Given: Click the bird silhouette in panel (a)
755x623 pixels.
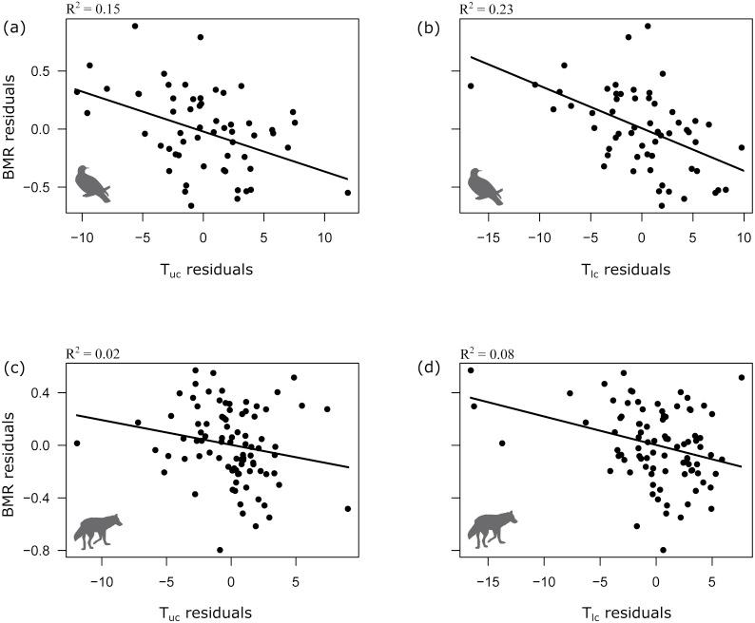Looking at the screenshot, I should click(x=93, y=182).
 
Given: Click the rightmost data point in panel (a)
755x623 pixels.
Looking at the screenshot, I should click(x=347, y=193).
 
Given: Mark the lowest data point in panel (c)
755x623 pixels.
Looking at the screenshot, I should click(x=220, y=550).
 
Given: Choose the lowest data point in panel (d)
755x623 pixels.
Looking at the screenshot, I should click(x=663, y=550).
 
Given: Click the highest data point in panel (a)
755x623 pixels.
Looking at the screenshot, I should click(x=135, y=26).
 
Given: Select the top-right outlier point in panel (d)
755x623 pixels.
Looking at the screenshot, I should click(x=741, y=377).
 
